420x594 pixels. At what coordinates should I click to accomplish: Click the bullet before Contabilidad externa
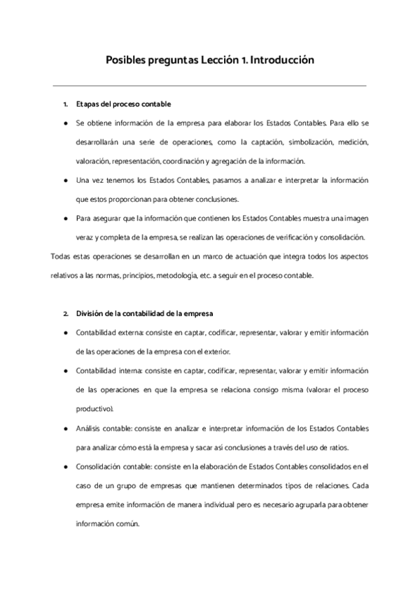pos(64,332)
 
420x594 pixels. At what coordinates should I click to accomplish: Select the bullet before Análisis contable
pos(64,427)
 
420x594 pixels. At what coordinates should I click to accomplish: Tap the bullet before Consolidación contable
pos(64,466)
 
